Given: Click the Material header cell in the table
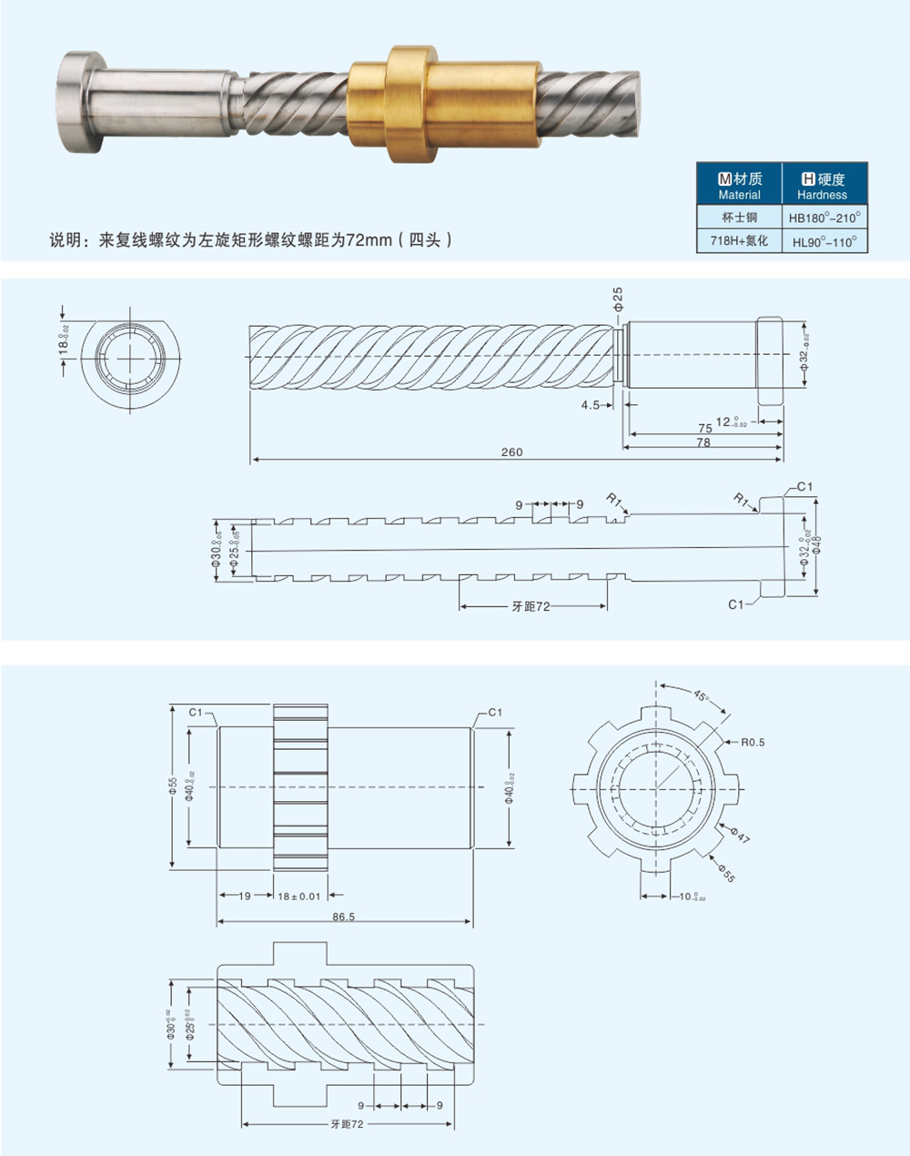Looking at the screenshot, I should click(739, 187).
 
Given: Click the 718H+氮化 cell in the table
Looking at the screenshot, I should click(739, 241).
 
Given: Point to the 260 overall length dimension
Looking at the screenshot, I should click(512, 452).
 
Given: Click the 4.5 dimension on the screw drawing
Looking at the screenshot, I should click(591, 404).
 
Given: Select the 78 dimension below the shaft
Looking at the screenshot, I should click(702, 443).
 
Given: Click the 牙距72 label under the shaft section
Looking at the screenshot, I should click(531, 606).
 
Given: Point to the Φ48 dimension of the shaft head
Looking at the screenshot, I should click(817, 543).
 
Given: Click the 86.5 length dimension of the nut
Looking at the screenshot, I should click(343, 918).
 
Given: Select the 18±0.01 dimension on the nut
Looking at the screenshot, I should click(299, 897).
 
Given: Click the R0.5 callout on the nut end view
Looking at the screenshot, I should click(753, 742).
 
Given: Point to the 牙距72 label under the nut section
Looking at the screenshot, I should click(347, 1125).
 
